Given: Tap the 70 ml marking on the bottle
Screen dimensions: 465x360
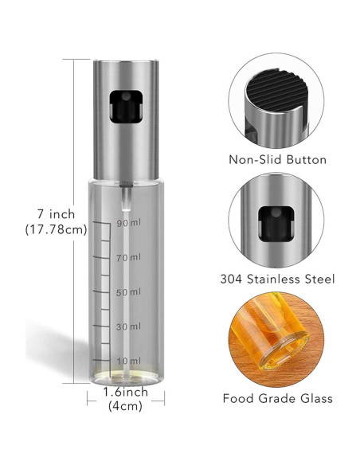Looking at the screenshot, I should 129,257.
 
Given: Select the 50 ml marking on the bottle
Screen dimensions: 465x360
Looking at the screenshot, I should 129,292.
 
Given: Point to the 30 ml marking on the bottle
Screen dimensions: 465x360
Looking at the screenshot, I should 129,327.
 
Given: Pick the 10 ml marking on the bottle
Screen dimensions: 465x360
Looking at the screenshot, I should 129,362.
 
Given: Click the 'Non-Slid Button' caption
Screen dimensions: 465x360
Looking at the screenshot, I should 277,160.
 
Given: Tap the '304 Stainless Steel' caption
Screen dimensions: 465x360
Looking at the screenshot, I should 277,279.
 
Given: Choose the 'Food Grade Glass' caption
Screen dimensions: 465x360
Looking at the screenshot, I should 277,398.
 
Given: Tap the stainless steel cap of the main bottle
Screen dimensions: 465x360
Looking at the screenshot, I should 125,119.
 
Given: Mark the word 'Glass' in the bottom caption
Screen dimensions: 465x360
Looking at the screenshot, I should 314,398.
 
